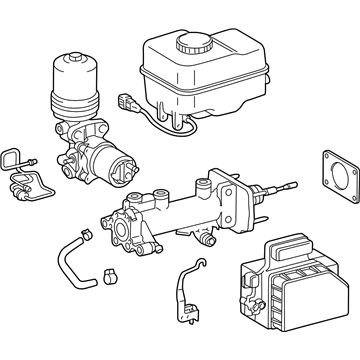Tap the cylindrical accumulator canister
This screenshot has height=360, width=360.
tap(74, 85)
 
